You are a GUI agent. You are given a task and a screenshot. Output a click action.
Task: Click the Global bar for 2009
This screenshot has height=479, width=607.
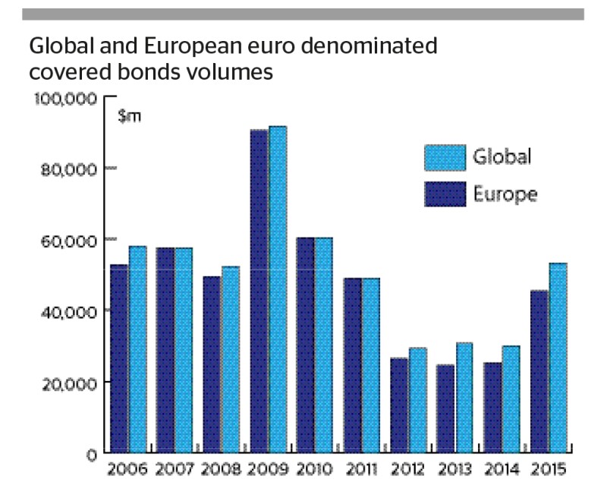(278, 288)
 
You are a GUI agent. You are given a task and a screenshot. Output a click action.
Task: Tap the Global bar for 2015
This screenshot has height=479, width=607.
(558, 358)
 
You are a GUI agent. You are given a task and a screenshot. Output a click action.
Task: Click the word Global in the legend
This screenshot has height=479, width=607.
(502, 157)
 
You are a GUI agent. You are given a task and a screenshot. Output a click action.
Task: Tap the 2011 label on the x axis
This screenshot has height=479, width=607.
(360, 468)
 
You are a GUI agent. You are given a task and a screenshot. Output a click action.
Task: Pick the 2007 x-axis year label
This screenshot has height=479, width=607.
(175, 468)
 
